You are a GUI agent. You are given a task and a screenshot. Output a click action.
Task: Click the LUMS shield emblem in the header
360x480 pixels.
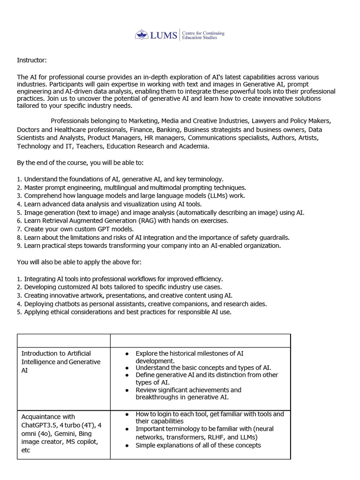(141, 35)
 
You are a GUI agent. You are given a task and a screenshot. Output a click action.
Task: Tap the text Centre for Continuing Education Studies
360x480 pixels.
(202, 35)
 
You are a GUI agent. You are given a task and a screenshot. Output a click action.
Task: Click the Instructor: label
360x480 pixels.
(32, 60)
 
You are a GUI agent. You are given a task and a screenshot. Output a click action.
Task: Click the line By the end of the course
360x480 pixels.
(80, 163)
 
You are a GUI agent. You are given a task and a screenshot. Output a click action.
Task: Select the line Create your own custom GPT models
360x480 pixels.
(79, 229)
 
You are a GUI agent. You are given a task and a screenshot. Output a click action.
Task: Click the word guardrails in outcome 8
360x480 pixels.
(273, 238)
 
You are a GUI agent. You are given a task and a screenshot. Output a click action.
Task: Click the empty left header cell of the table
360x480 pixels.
(64, 341)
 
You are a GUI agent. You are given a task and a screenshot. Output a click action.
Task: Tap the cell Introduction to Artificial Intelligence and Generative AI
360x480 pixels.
(61, 362)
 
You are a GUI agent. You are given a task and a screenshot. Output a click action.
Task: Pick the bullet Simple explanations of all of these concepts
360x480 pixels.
(198, 445)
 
